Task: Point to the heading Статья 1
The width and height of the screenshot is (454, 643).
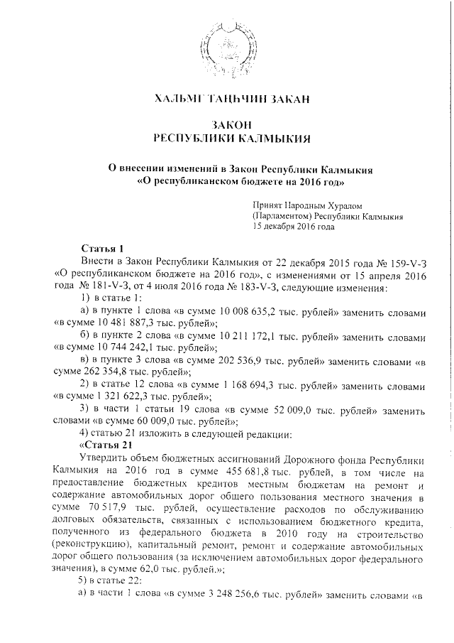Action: pyautogui.click(x=103, y=249)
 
